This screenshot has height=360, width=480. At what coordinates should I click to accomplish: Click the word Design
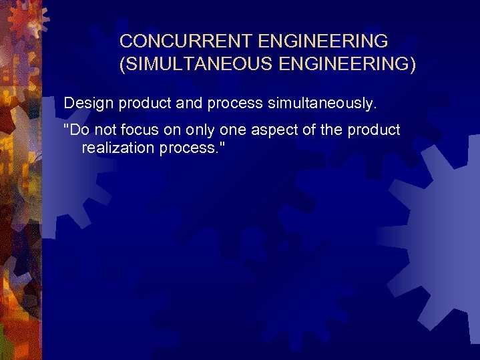click(x=89, y=104)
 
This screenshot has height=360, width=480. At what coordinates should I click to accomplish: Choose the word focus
click(x=140, y=130)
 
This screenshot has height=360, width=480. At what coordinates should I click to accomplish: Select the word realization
click(x=118, y=148)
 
